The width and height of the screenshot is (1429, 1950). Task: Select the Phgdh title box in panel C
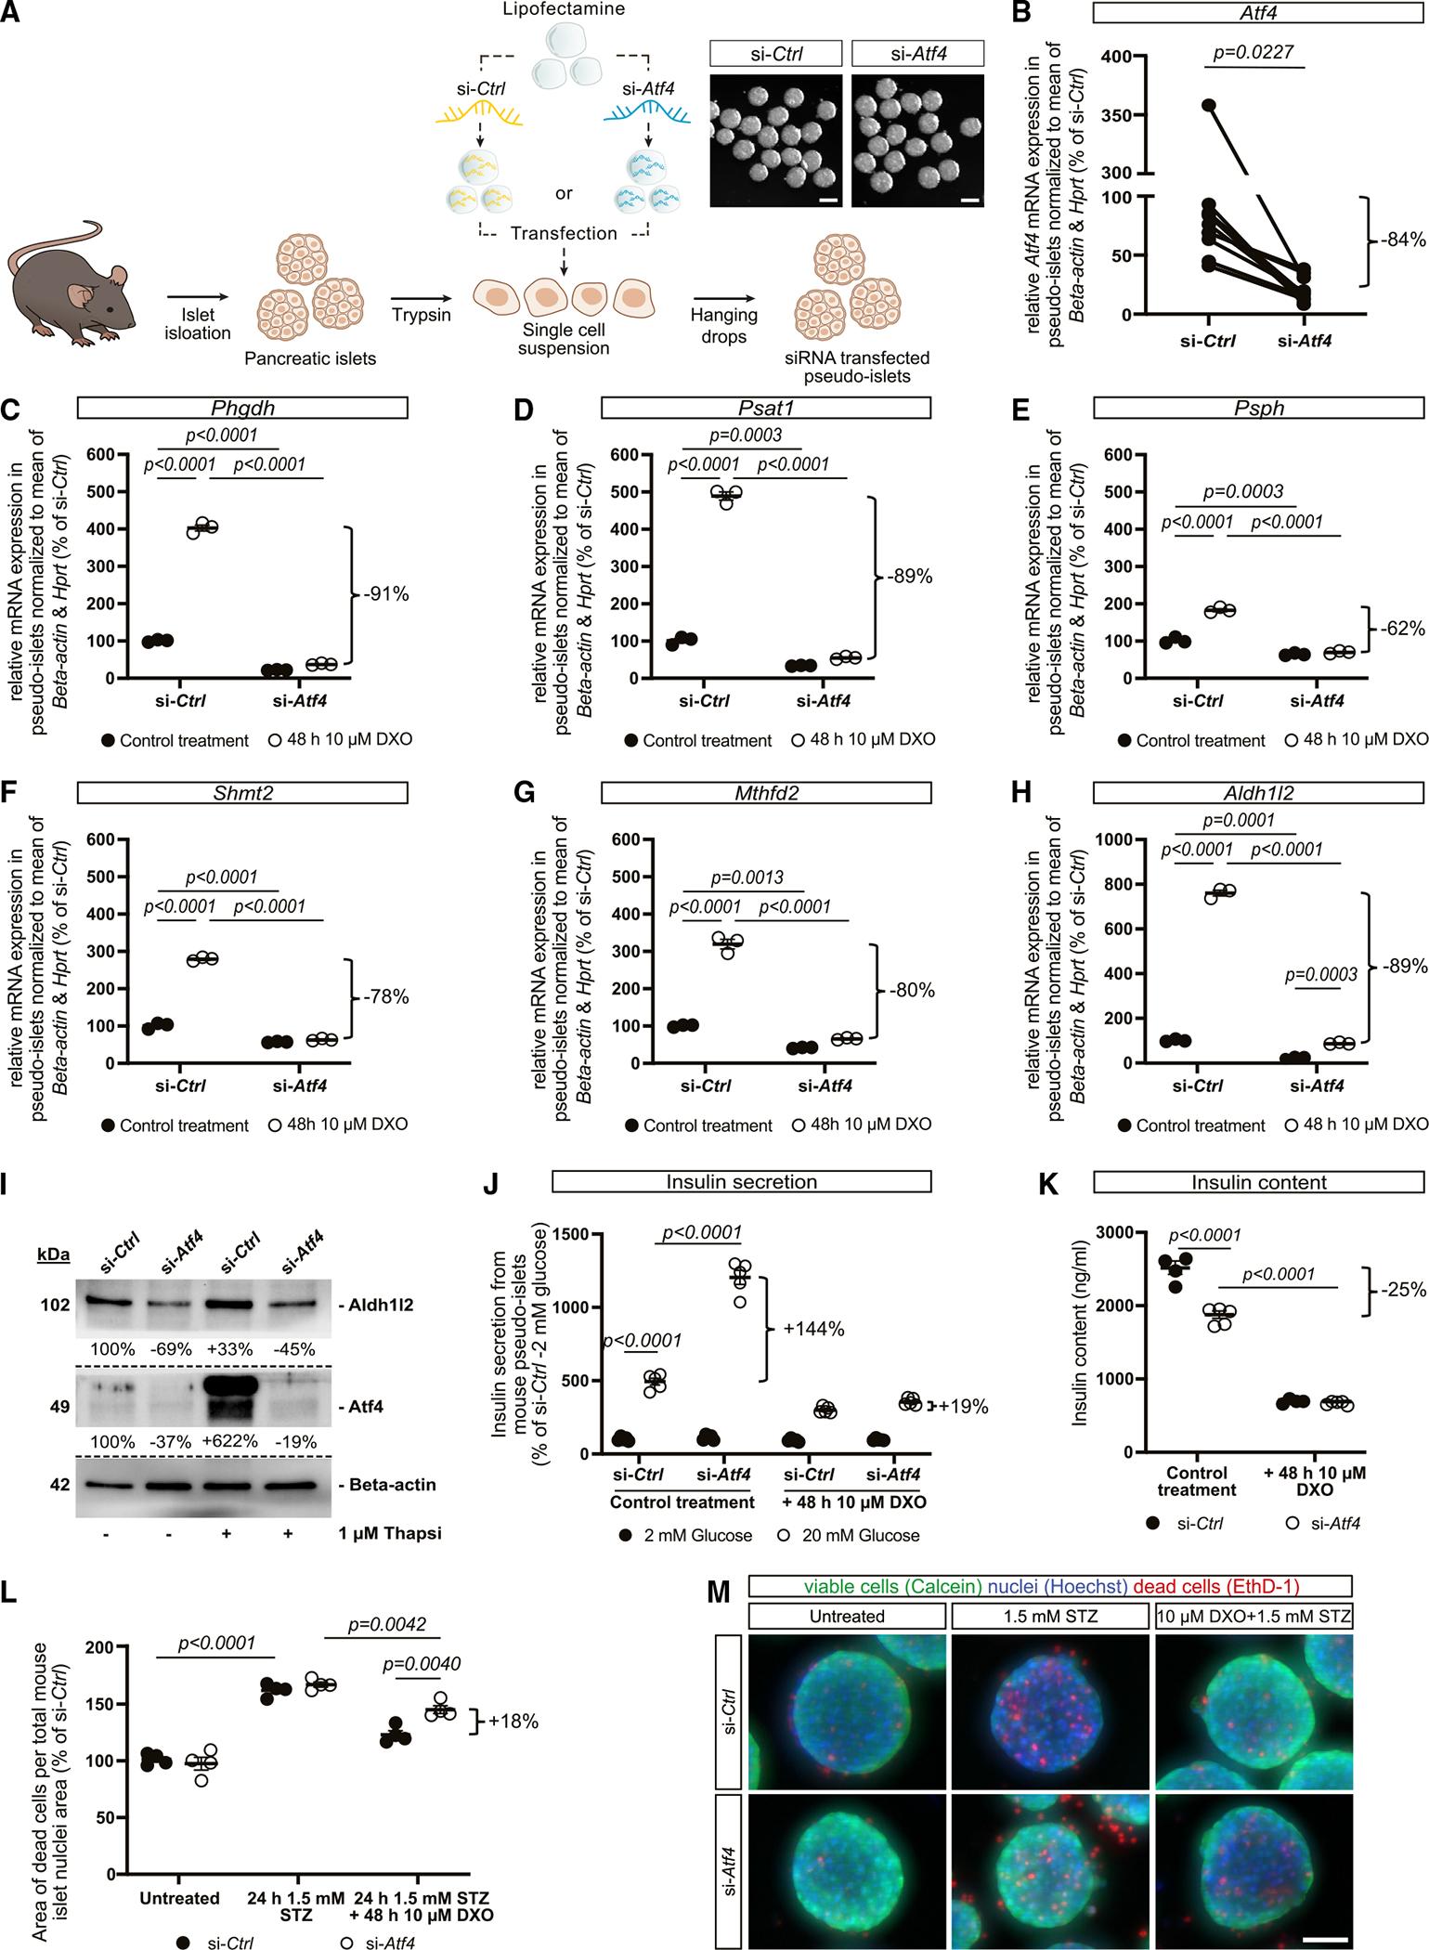coord(242,408)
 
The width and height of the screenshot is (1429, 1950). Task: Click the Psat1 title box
coord(765,408)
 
